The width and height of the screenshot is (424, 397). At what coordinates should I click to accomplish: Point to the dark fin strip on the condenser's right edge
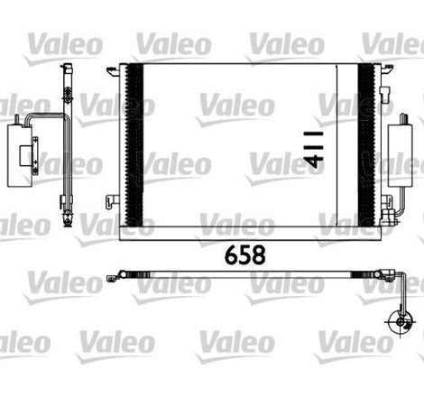click(365, 148)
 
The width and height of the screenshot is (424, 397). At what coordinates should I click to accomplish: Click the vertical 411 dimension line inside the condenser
click(336, 148)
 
